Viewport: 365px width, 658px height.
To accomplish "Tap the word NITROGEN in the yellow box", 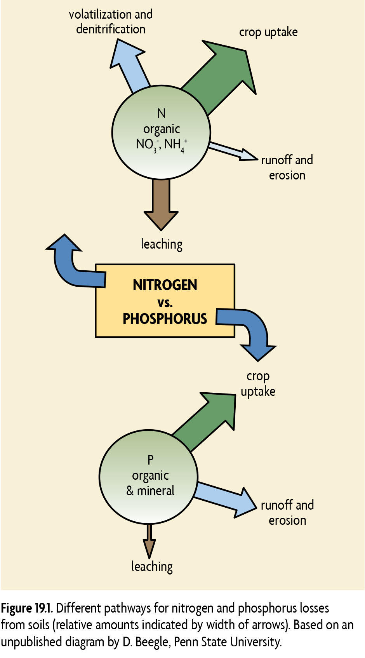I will (x=165, y=285).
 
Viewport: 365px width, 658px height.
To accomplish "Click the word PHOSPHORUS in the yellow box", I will (x=165, y=319).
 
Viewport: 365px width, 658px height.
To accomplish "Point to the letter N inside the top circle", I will (x=161, y=113).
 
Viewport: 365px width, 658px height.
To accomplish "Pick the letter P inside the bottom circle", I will (x=150, y=460).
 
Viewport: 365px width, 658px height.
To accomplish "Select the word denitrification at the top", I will (x=111, y=29).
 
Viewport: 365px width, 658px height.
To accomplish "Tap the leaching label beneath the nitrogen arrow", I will (x=162, y=244).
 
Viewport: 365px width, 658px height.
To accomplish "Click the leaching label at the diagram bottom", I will (x=152, y=567).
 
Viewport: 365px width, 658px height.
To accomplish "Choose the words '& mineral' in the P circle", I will (x=150, y=491).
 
